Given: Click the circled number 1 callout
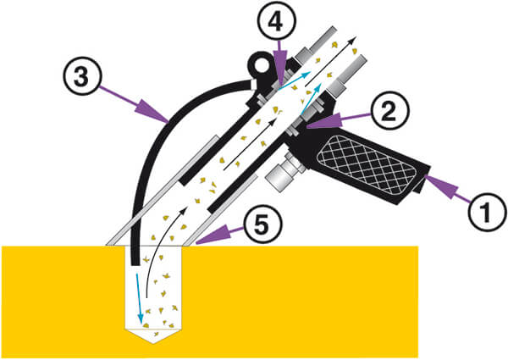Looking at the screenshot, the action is point(485,213).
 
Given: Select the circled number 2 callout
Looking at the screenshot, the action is point(389,111).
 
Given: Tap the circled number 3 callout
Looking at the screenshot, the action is point(82,75).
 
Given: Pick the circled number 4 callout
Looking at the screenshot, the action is point(276,21).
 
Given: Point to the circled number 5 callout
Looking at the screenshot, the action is point(262,224).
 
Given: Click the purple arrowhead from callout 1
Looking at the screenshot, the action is point(439,186).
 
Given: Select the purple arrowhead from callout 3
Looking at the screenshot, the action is point(153,113).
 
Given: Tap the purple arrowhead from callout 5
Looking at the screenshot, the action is point(211,235).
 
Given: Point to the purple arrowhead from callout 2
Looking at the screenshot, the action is point(323,120).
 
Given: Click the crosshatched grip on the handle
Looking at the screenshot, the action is point(366,166).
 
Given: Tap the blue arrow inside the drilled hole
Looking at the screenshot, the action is point(140,299).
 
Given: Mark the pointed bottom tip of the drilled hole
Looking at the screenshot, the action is point(154,343).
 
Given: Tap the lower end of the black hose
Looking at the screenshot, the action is point(135,264).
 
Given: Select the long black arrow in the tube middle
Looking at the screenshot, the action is point(250,144).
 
